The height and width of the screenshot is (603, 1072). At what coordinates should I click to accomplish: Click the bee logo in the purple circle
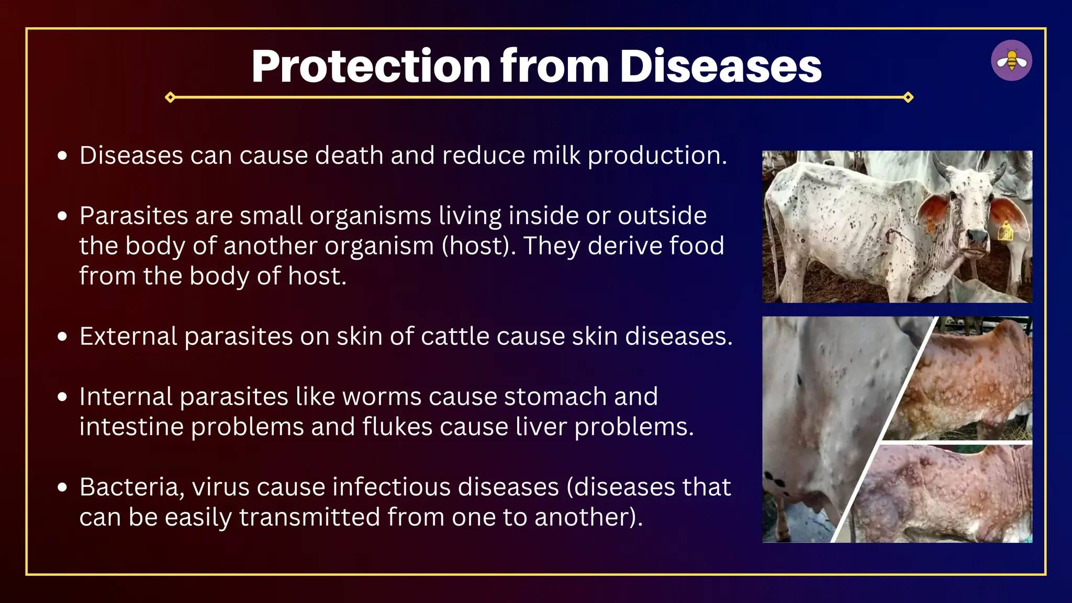tap(1011, 61)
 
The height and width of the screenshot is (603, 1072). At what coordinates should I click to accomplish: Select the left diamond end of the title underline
tap(170, 97)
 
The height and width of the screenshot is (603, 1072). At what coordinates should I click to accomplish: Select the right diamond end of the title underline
tap(908, 97)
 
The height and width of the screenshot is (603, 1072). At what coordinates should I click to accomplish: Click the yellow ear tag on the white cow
tap(1004, 231)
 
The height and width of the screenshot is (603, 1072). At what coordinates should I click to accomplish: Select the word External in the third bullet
tap(128, 336)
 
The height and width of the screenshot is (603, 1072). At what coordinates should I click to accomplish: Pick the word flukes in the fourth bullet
tap(397, 427)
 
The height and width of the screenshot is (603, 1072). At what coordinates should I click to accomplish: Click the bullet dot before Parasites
tap(63, 216)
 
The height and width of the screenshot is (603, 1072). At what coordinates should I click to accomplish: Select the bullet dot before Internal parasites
tap(63, 397)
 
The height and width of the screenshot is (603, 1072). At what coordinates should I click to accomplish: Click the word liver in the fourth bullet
tap(541, 427)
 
